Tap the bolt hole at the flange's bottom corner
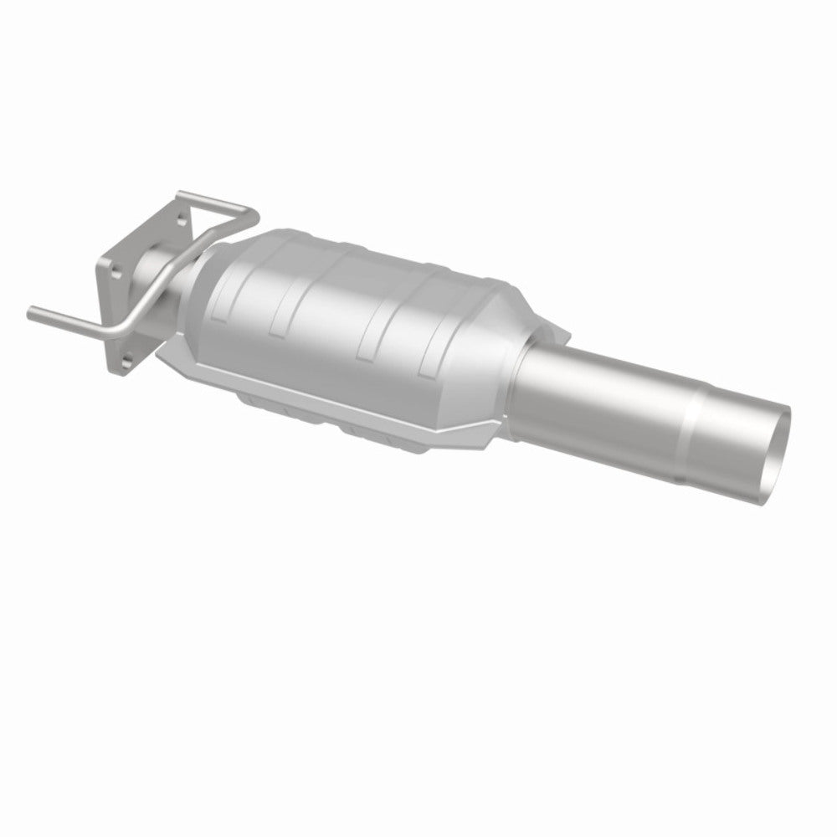[x=126, y=362]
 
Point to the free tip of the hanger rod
[x=32, y=313]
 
